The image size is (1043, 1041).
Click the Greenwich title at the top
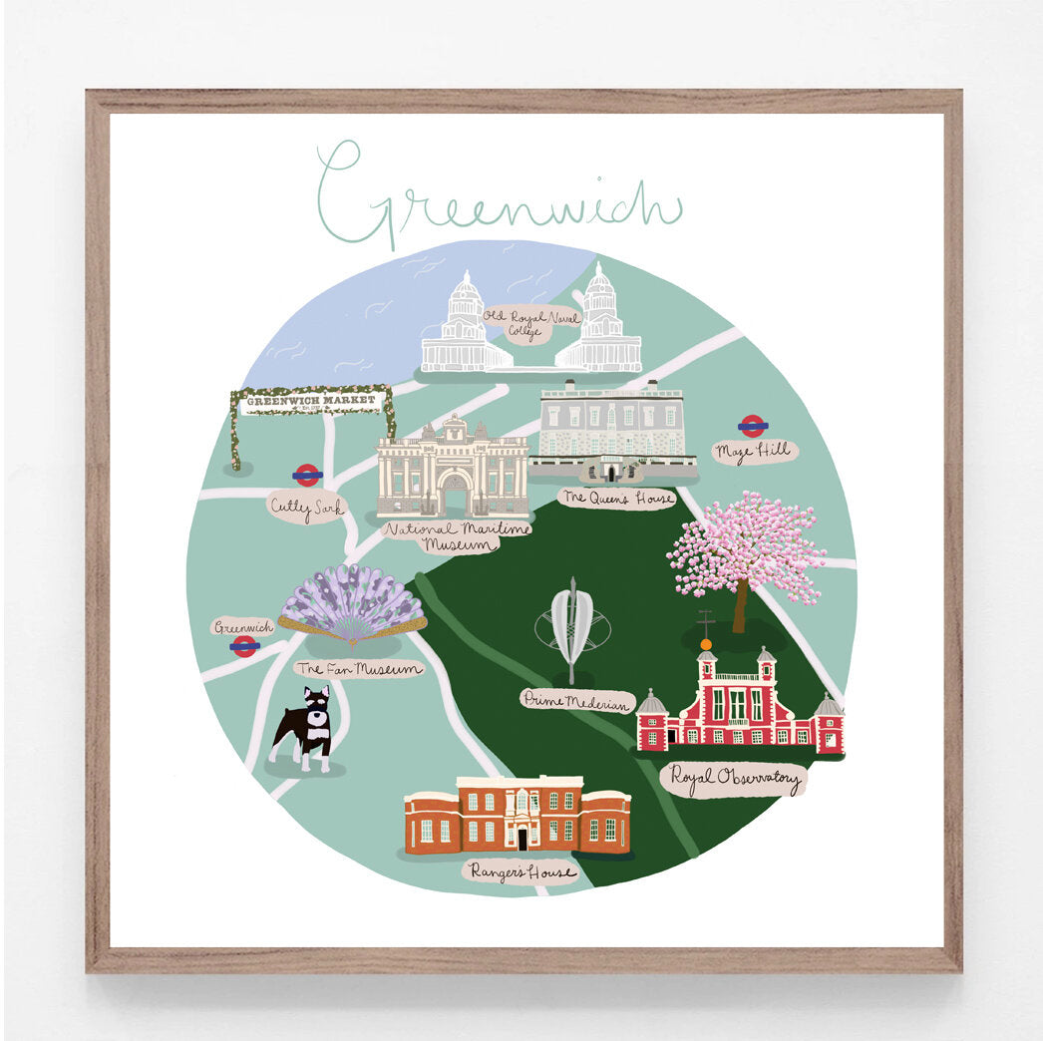click(x=499, y=194)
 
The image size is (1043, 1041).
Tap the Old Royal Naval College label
click(x=531, y=324)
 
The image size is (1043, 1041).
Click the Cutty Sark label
click(x=306, y=508)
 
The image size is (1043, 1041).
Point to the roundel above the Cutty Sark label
click(x=307, y=475)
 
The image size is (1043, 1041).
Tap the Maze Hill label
click(x=754, y=452)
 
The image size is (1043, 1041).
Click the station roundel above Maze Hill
click(x=753, y=426)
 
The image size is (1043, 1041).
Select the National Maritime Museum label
click(x=457, y=535)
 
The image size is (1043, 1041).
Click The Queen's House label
click(x=616, y=498)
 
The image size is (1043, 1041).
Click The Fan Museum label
click(x=359, y=669)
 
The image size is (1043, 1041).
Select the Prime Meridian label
click(x=577, y=701)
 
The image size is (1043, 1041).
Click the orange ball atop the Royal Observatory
click(x=706, y=645)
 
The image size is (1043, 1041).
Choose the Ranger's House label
click(x=521, y=872)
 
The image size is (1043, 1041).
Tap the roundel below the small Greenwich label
click(x=244, y=647)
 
